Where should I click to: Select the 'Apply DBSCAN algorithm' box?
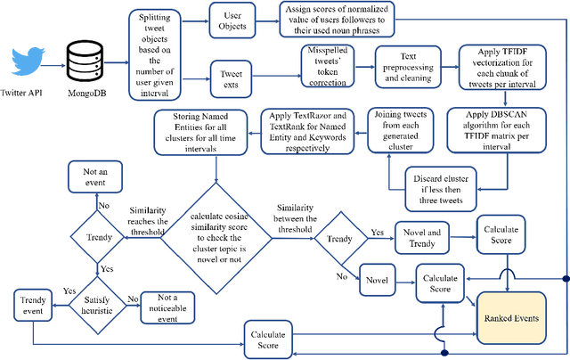click(x=509, y=128)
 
